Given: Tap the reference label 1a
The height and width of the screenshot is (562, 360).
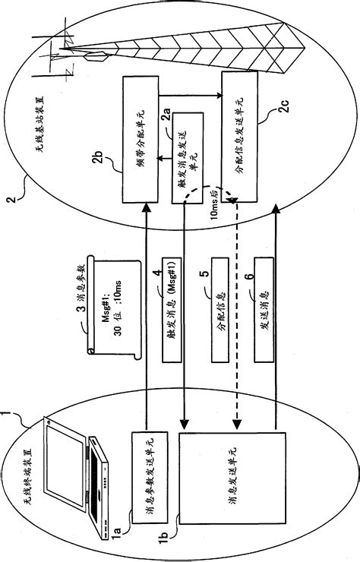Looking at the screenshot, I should (x=114, y=522).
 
